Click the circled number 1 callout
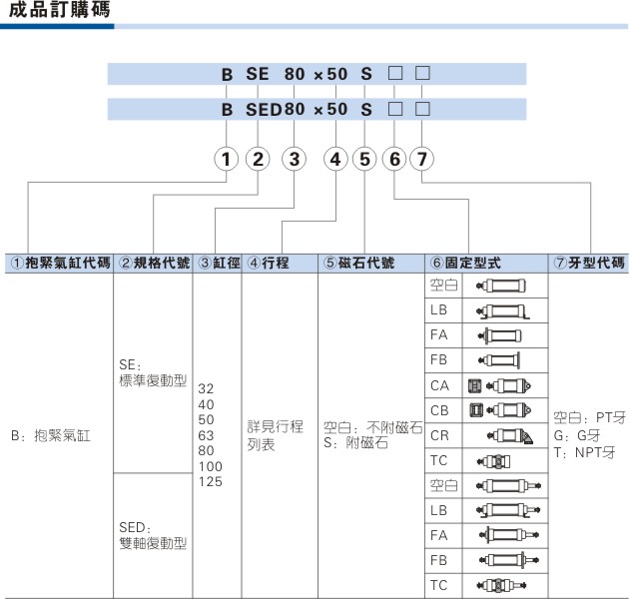(227, 159)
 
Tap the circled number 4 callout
(335, 159)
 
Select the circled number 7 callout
(421, 159)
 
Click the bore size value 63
(206, 435)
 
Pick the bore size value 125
(211, 481)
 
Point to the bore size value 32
(206, 388)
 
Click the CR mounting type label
(439, 435)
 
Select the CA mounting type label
(439, 385)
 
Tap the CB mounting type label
(439, 410)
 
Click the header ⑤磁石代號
(359, 263)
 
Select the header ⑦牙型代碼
(589, 263)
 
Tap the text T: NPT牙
(584, 452)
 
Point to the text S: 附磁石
(355, 443)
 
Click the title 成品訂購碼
(59, 10)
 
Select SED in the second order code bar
(264, 109)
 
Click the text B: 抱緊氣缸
(51, 435)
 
